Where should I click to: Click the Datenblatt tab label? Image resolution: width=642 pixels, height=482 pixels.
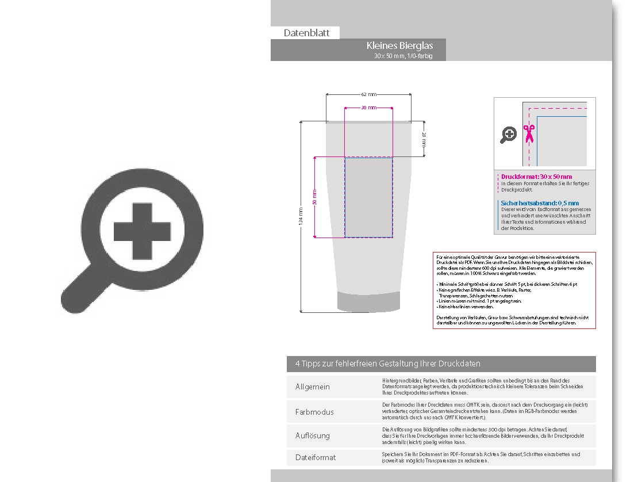[306, 33]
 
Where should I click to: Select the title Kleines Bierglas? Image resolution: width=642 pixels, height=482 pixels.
[399, 45]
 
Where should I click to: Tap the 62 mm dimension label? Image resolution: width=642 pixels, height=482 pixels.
[368, 94]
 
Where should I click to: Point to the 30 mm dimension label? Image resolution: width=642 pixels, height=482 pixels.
[368, 108]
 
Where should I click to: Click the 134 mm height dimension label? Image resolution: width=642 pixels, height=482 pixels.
[301, 217]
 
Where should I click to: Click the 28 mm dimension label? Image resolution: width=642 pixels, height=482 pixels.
[424, 139]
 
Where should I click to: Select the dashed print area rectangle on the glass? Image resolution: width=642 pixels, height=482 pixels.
[368, 197]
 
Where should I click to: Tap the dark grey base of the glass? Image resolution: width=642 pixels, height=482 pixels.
[368, 302]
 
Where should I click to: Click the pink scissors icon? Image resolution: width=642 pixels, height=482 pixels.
[528, 133]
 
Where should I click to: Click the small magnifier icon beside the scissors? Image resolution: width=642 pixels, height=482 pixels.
[509, 135]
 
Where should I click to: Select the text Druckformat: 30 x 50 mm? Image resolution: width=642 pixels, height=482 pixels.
[536, 177]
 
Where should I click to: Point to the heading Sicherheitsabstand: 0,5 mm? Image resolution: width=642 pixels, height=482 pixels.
[540, 203]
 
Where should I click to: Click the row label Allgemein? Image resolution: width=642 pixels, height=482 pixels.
[313, 387]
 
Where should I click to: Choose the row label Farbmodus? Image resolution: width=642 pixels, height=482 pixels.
[314, 412]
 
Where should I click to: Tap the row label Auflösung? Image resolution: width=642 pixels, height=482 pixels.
[313, 436]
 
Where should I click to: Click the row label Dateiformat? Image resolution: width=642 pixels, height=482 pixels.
[316, 458]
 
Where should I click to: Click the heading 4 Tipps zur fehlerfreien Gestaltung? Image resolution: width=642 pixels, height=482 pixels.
[388, 364]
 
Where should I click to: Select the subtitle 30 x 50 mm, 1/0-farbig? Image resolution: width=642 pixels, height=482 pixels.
[402, 56]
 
